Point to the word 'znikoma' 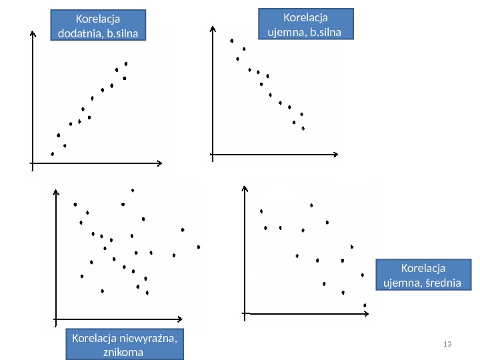point(123,351)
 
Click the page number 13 point(447,343)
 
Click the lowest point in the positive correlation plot point(53,154)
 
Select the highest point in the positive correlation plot point(126,63)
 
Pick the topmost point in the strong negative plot point(232,41)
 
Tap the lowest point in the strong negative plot point(303,129)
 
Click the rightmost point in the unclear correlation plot point(199,247)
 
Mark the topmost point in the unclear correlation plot point(133,191)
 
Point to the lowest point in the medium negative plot point(365,305)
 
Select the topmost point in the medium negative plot point(311,205)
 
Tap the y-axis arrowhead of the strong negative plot point(212,28)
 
